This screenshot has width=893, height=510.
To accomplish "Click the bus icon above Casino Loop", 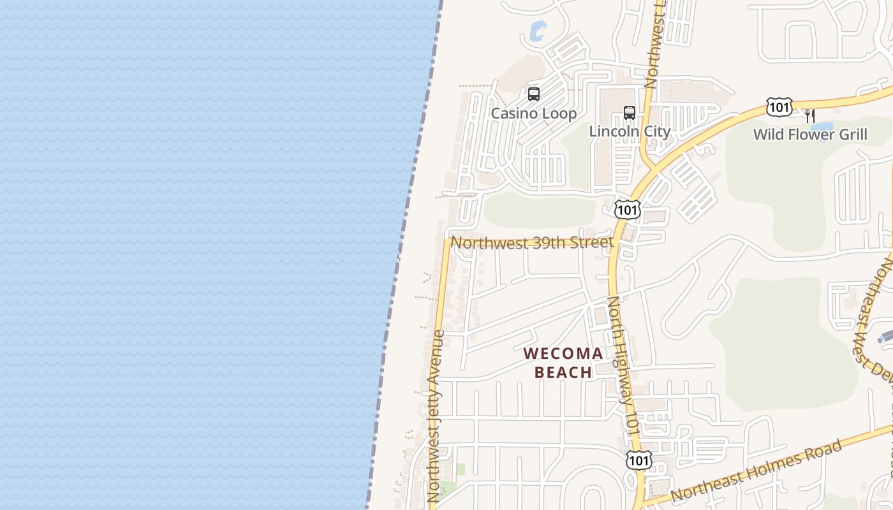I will click(x=534, y=94).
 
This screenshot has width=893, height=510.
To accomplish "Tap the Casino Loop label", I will click(x=533, y=113).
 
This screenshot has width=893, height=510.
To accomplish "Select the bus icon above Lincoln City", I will click(x=630, y=113).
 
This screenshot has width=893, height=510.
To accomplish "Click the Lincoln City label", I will click(x=630, y=132).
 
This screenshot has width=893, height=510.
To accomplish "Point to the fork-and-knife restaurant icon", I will click(x=809, y=116).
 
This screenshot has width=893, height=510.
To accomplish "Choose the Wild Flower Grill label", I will click(x=810, y=135).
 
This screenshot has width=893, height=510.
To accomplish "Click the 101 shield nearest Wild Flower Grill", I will click(x=779, y=107).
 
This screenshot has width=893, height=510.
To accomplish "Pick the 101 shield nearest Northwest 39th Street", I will click(x=628, y=209).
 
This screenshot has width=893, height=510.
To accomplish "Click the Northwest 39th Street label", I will click(x=532, y=242).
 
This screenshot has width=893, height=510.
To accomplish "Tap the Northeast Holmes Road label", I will click(x=756, y=471).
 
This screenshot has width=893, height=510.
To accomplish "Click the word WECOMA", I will click(x=563, y=353).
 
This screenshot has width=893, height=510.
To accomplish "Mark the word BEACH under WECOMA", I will click(x=563, y=372).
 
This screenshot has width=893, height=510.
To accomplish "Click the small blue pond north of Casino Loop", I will click(x=537, y=29).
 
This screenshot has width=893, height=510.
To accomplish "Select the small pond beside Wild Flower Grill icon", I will click(x=822, y=126).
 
